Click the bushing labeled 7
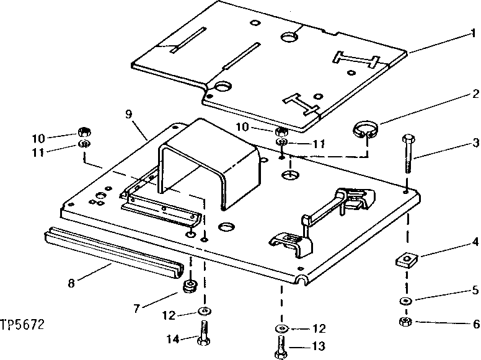(192, 287)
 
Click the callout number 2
(474, 94)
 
